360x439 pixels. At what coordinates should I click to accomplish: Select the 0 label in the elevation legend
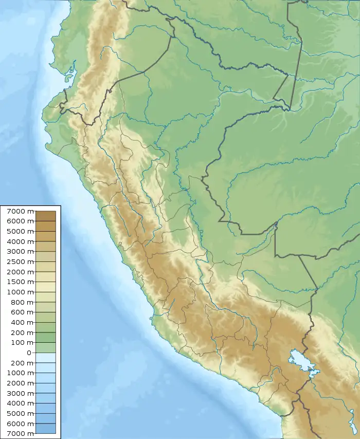click(29, 353)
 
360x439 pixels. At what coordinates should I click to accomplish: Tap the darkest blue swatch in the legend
click(46, 428)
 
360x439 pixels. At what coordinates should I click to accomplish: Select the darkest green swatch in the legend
click(46, 338)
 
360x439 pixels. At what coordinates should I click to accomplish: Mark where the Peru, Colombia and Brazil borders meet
click(290, 109)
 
